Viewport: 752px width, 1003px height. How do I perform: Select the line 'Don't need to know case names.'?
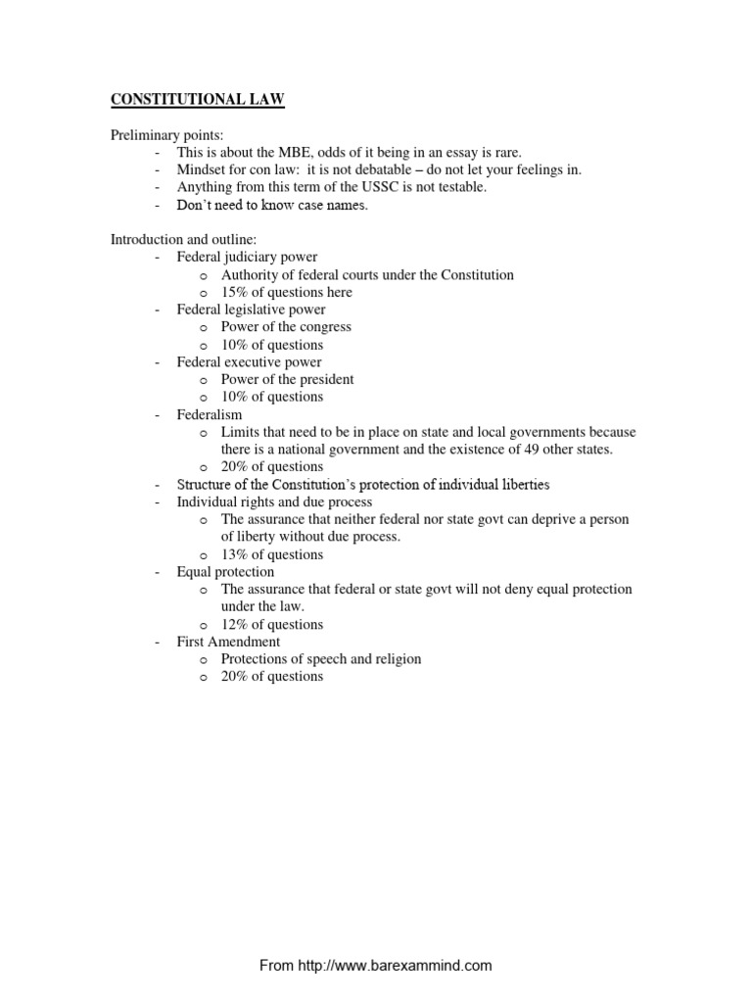click(x=272, y=205)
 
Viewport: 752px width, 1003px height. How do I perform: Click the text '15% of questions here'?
click(x=287, y=292)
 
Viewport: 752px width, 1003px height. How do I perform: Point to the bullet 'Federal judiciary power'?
click(x=247, y=258)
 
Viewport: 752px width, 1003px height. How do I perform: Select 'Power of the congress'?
click(x=286, y=327)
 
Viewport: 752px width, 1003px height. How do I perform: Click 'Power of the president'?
click(x=287, y=379)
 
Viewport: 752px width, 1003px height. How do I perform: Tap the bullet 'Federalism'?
click(x=210, y=414)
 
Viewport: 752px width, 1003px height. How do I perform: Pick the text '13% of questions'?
click(x=272, y=554)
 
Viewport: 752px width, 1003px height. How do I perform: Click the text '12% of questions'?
click(x=272, y=624)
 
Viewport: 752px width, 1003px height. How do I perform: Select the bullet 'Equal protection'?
click(x=225, y=571)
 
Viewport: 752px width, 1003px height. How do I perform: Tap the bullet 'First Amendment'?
click(x=228, y=642)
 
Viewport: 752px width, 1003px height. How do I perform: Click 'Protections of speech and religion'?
click(x=321, y=659)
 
